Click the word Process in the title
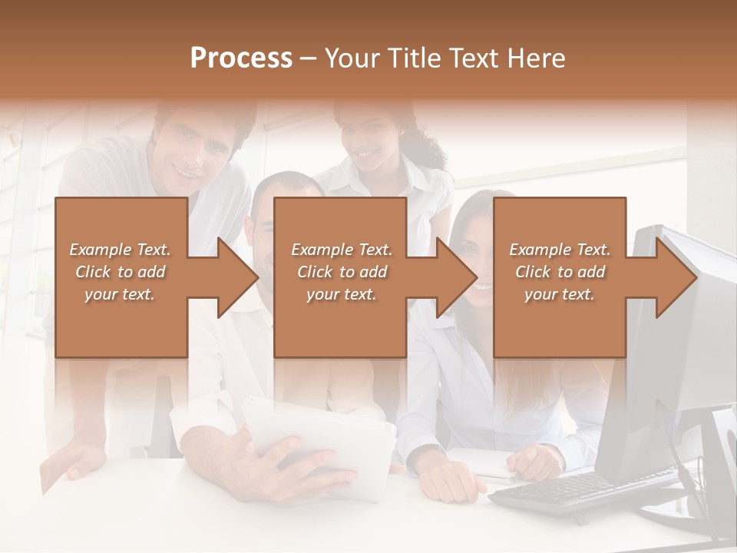pos(241,58)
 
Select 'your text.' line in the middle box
pos(341,294)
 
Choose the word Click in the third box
pos(533,272)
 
